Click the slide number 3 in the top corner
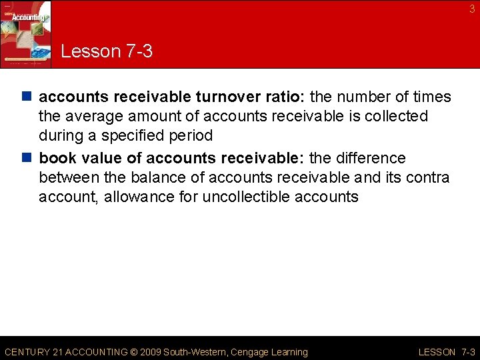pos(472,9)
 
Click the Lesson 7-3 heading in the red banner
pos(107,51)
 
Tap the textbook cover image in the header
pos(25,33)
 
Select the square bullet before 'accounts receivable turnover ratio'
pos(29,97)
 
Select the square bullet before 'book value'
pos(29,159)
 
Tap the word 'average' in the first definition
pos(94,116)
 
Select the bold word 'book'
pos(57,159)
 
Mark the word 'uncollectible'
pos(244,197)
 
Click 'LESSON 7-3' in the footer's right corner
pos(446,352)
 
